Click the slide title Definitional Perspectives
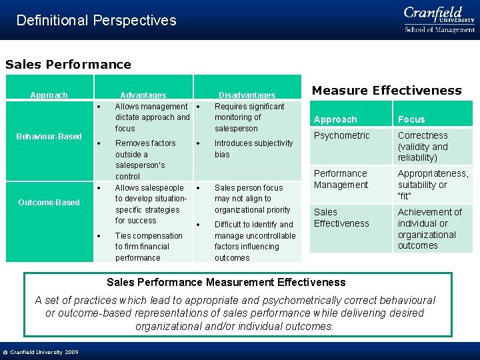tap(96, 20)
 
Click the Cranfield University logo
tap(439, 19)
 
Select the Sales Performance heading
tap(68, 65)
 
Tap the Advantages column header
tap(143, 95)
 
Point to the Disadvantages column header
tap(247, 95)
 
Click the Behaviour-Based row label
tap(49, 137)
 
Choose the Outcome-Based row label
tap(49, 203)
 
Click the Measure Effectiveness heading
tap(387, 90)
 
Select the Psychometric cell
tap(341, 136)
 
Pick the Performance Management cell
tap(341, 179)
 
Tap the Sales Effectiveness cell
tap(341, 218)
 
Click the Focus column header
tap(411, 119)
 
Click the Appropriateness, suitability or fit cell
tap(433, 185)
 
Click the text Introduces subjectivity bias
tap(253, 149)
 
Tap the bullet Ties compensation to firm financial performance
tap(148, 247)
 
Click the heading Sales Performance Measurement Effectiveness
tap(226, 283)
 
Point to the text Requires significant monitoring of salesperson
tap(249, 117)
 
